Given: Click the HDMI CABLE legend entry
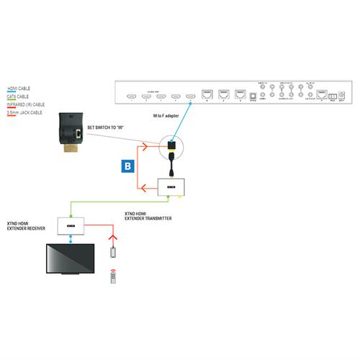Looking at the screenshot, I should click(x=19, y=88).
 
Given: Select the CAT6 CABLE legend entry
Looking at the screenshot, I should click(x=19, y=95).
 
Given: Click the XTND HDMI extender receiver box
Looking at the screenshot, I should click(x=72, y=224).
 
